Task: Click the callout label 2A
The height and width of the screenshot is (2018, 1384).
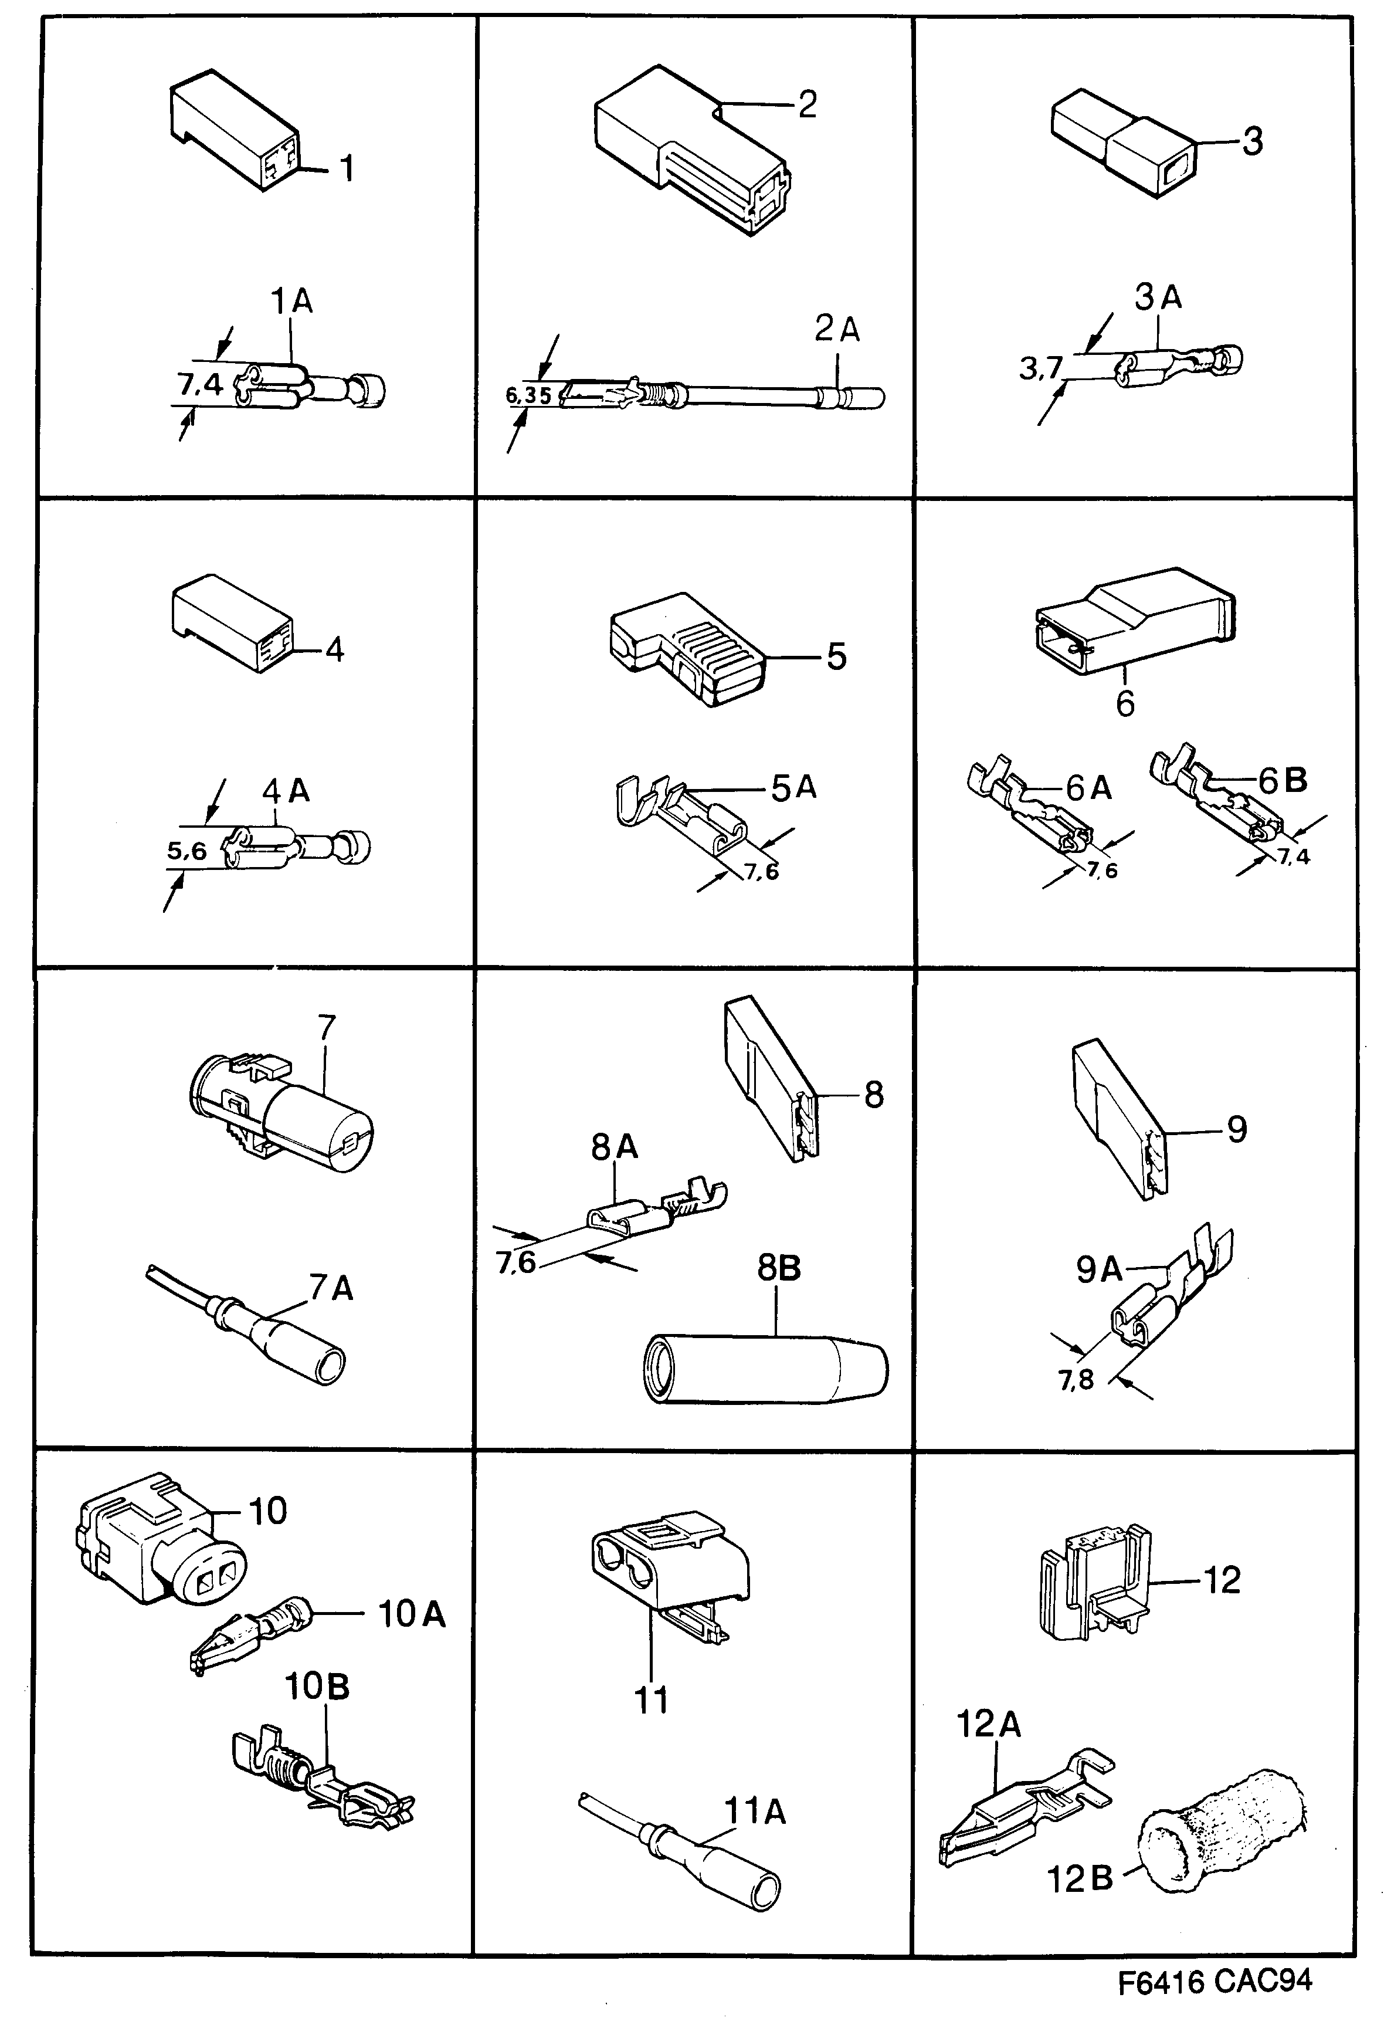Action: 837,329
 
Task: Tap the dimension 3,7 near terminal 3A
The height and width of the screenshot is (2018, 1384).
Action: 1040,369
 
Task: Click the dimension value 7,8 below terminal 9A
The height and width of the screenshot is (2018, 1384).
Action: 1076,1379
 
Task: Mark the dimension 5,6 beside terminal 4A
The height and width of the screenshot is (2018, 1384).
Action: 186,851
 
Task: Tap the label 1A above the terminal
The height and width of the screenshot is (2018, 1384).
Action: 291,302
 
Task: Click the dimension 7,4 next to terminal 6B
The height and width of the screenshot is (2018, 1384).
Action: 1293,856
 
